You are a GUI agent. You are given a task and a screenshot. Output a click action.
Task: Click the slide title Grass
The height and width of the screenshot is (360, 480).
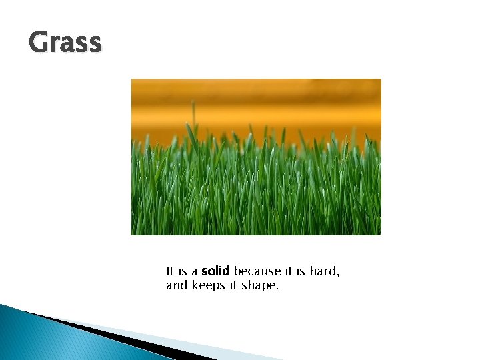(x=65, y=43)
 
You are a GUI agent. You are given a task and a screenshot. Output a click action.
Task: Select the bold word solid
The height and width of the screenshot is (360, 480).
(x=215, y=271)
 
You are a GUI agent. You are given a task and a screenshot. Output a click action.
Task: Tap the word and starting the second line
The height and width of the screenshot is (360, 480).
(x=177, y=286)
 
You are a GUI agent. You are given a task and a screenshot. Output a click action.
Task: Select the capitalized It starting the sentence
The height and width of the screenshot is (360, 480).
(x=170, y=271)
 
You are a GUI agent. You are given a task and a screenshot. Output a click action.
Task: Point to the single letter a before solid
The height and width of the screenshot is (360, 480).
(x=195, y=272)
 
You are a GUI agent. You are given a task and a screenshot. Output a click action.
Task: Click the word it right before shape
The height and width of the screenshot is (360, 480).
(x=235, y=286)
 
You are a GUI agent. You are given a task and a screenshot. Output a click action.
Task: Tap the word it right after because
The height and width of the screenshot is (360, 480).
(x=287, y=271)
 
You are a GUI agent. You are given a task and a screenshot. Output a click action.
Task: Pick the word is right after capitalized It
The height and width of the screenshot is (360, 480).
(x=183, y=271)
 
